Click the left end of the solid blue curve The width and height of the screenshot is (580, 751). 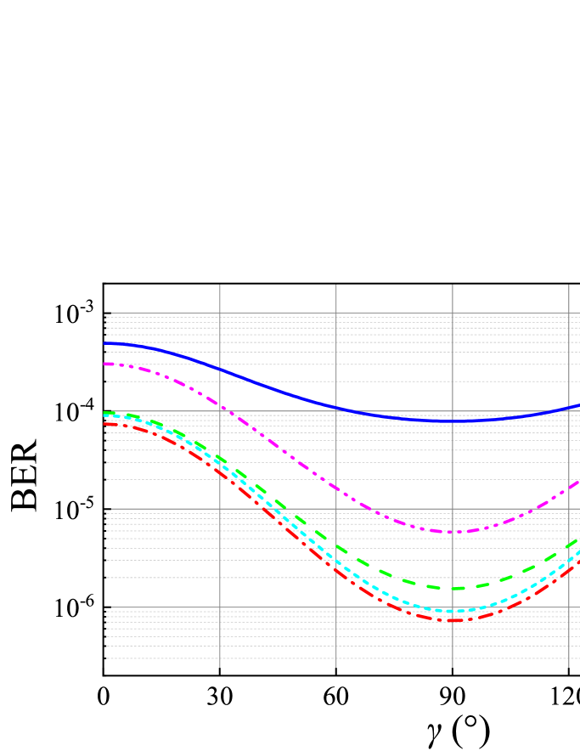(x=104, y=343)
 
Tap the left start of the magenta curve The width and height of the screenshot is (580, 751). (x=104, y=364)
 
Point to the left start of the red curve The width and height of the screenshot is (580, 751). (x=104, y=423)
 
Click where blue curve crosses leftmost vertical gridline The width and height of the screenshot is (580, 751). (x=220, y=369)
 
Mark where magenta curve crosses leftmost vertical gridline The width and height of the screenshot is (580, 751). (x=220, y=405)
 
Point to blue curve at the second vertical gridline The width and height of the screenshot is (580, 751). (x=336, y=407)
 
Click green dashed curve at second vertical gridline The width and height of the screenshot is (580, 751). (x=336, y=545)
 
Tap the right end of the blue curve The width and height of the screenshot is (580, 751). (x=579, y=405)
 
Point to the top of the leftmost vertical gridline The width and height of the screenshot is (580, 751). (x=220, y=285)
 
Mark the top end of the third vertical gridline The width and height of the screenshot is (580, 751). (x=453, y=285)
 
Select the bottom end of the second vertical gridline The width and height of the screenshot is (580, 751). (x=336, y=667)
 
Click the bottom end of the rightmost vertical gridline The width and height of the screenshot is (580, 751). (x=569, y=667)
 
